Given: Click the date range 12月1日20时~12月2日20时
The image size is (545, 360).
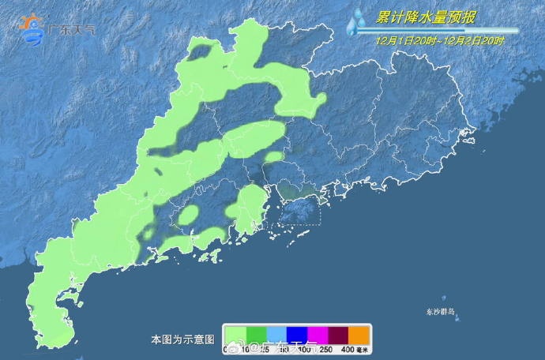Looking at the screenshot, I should (440, 39).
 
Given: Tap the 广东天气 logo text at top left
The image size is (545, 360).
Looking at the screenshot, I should (71, 31).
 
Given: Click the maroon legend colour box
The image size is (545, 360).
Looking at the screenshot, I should (337, 335).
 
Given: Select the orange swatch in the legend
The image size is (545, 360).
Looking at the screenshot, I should (359, 335).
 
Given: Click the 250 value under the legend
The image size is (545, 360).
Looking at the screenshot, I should (325, 348).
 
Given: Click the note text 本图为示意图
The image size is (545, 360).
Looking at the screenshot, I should (182, 339).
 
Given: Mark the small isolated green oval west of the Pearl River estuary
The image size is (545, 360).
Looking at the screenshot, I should (189, 215).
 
